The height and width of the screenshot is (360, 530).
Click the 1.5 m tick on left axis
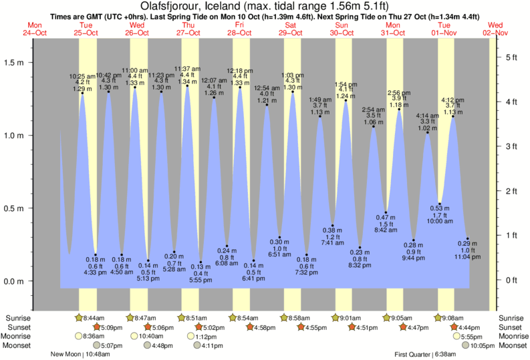(x=14, y=62)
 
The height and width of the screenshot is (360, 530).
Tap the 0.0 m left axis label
(x=14, y=281)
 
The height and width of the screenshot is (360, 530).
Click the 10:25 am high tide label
(x=82, y=76)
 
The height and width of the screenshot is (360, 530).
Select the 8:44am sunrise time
(x=98, y=318)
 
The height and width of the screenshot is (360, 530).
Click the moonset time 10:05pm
(x=483, y=345)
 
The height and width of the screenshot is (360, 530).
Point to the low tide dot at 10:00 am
(x=440, y=204)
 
